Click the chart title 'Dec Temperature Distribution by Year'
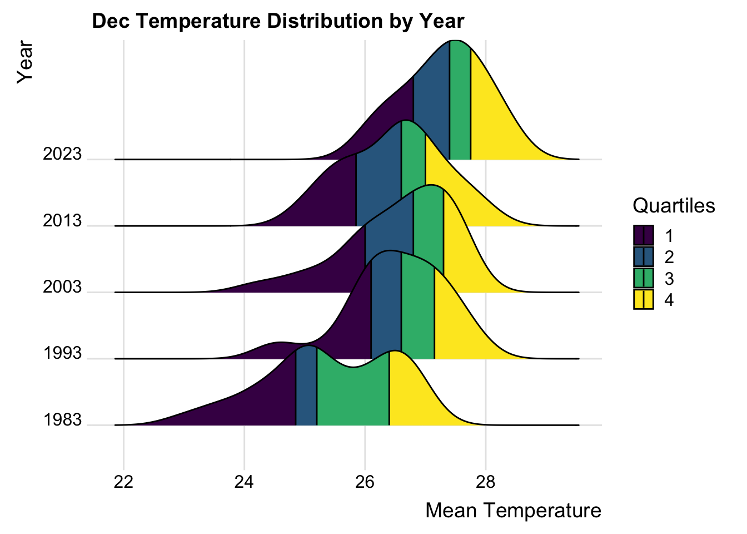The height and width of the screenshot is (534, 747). pyautogui.click(x=278, y=21)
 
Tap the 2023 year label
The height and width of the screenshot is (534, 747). pyautogui.click(x=62, y=154)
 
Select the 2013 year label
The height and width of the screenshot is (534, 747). pyautogui.click(x=62, y=221)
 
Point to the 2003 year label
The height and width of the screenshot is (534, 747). pyautogui.click(x=62, y=287)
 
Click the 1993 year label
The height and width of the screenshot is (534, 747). pyautogui.click(x=62, y=353)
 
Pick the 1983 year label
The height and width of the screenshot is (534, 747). pyautogui.click(x=62, y=420)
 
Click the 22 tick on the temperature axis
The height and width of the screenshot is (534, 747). pyautogui.click(x=123, y=482)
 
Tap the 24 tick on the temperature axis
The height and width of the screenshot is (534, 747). pyautogui.click(x=244, y=482)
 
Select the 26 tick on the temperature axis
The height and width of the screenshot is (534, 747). pyautogui.click(x=365, y=482)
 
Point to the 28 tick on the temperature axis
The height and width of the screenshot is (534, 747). pyautogui.click(x=486, y=482)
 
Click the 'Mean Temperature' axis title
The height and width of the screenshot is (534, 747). pyautogui.click(x=513, y=510)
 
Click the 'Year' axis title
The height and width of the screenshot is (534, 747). pyautogui.click(x=25, y=62)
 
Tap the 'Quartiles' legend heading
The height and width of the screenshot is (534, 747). pyautogui.click(x=674, y=206)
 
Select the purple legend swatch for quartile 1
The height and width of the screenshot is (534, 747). pyautogui.click(x=644, y=235)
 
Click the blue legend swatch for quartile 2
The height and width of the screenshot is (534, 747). pyautogui.click(x=644, y=256)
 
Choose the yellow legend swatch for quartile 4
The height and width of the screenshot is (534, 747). pyautogui.click(x=644, y=299)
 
